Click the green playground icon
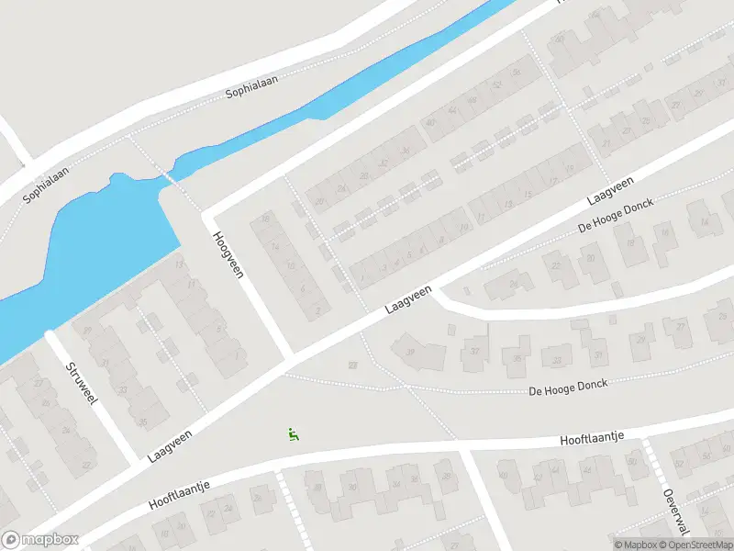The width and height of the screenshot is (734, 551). [294, 435]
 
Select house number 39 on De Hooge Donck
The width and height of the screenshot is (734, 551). [410, 351]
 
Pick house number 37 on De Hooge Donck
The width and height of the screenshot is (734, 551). [475, 350]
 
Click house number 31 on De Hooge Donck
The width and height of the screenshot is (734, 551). [599, 354]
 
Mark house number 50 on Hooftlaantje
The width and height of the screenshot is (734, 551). [631, 462]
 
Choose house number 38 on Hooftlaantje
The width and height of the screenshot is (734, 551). [317, 488]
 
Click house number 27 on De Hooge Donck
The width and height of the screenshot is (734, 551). [680, 326]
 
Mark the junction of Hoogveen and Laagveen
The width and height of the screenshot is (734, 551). [292, 356]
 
